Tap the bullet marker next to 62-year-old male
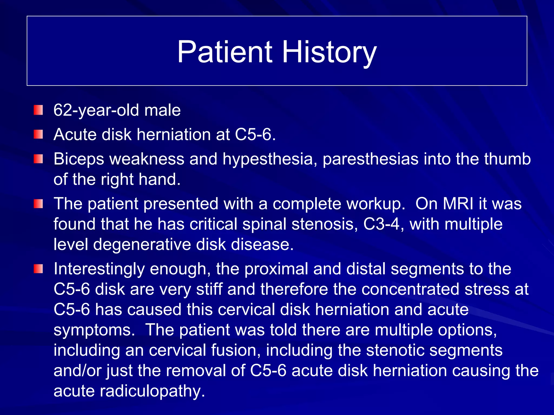point(38,110)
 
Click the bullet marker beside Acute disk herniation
point(38,134)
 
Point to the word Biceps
point(79,159)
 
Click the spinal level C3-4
point(381,224)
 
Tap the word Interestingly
point(99,269)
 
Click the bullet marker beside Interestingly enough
point(38,269)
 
